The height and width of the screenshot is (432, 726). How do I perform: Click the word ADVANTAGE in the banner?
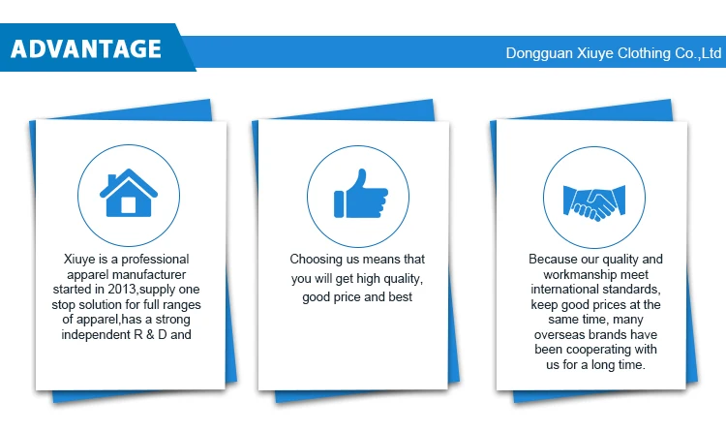[85, 49]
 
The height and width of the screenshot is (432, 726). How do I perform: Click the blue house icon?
[129, 193]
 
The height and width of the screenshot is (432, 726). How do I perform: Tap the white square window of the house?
[128, 204]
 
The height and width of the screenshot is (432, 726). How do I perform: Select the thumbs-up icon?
[361, 194]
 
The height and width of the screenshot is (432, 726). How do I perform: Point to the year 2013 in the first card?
[122, 290]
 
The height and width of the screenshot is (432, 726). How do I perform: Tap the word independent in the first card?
[96, 335]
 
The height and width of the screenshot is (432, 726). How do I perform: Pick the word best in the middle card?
[401, 296]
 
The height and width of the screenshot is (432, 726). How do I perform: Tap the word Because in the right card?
[551, 260]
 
